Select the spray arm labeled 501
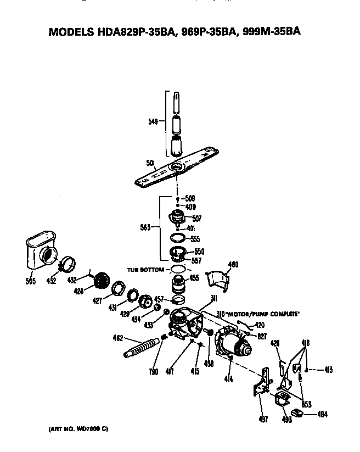tap(181, 168)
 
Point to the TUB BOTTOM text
tap(145, 270)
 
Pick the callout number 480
tap(233, 265)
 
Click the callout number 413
tap(329, 370)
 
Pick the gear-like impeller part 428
tap(101, 282)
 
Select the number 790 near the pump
tap(154, 372)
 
